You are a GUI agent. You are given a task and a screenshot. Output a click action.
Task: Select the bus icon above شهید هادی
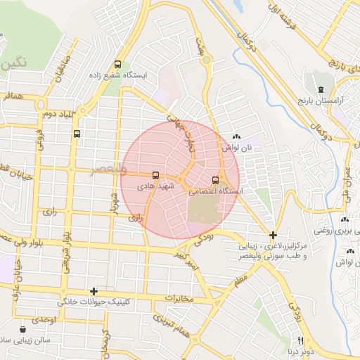(x=155, y=175)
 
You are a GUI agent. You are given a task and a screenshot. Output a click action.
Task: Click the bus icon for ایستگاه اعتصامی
(x=215, y=179)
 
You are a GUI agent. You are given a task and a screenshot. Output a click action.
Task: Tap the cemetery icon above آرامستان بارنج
(x=321, y=90)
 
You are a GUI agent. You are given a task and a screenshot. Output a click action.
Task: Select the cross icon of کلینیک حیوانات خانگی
(x=94, y=291)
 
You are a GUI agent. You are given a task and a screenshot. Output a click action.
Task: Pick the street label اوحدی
(x=43, y=319)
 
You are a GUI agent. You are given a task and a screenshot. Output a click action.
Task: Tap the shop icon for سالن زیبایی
(x=25, y=328)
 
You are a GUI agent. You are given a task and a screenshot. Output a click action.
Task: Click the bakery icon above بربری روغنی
(x=345, y=219)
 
